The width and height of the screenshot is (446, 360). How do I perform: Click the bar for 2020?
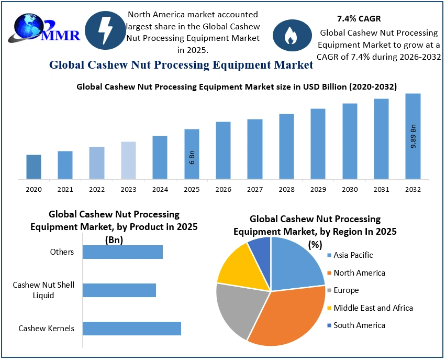34,167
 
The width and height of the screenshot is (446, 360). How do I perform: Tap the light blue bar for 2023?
128,160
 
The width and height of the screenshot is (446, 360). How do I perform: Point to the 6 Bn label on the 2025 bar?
192,157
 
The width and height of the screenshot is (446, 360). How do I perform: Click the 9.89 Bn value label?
413,136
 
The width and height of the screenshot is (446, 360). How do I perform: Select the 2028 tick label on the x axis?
286,189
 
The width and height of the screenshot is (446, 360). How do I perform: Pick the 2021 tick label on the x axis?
65,189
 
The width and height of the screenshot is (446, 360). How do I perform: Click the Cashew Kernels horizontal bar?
131,329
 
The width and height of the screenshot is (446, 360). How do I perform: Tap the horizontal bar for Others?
122,252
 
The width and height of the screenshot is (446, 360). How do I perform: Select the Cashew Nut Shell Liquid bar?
119,290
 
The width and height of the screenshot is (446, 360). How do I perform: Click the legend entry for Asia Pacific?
350,255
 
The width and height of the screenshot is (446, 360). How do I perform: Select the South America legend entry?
355,325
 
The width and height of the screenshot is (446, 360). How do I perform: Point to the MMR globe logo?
29,29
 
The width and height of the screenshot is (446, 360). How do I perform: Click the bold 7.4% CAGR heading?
359,19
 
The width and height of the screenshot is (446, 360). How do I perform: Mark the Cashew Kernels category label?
46,329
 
